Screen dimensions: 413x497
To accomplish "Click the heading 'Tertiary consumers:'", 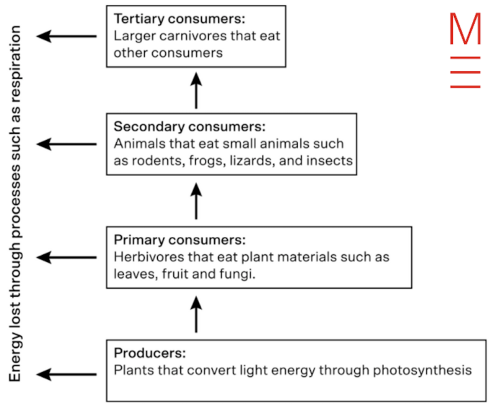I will [x=163, y=19].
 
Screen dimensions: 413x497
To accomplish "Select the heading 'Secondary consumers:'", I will [x=189, y=126].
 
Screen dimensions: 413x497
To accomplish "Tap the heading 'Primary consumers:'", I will [x=180, y=239].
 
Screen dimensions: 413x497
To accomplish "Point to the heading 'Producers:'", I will [x=150, y=353].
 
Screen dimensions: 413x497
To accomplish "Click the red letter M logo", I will [x=465, y=29].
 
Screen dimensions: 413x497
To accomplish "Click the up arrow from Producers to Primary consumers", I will [x=196, y=313].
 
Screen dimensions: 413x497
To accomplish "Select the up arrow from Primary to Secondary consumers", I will [x=196, y=200].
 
